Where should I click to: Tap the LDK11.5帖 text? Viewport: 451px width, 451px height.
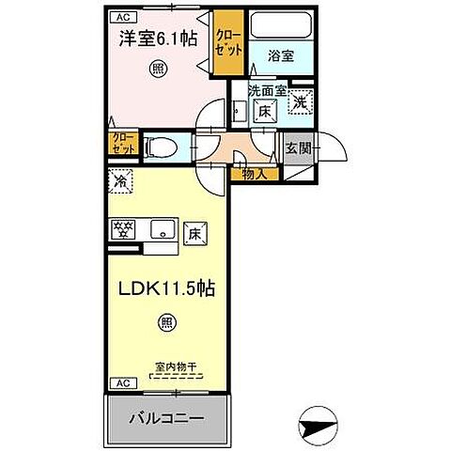[165, 288]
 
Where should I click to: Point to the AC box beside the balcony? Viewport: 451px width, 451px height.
[122, 382]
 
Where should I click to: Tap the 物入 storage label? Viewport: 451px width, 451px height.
[253, 173]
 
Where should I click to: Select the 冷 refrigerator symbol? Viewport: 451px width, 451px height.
[122, 179]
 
